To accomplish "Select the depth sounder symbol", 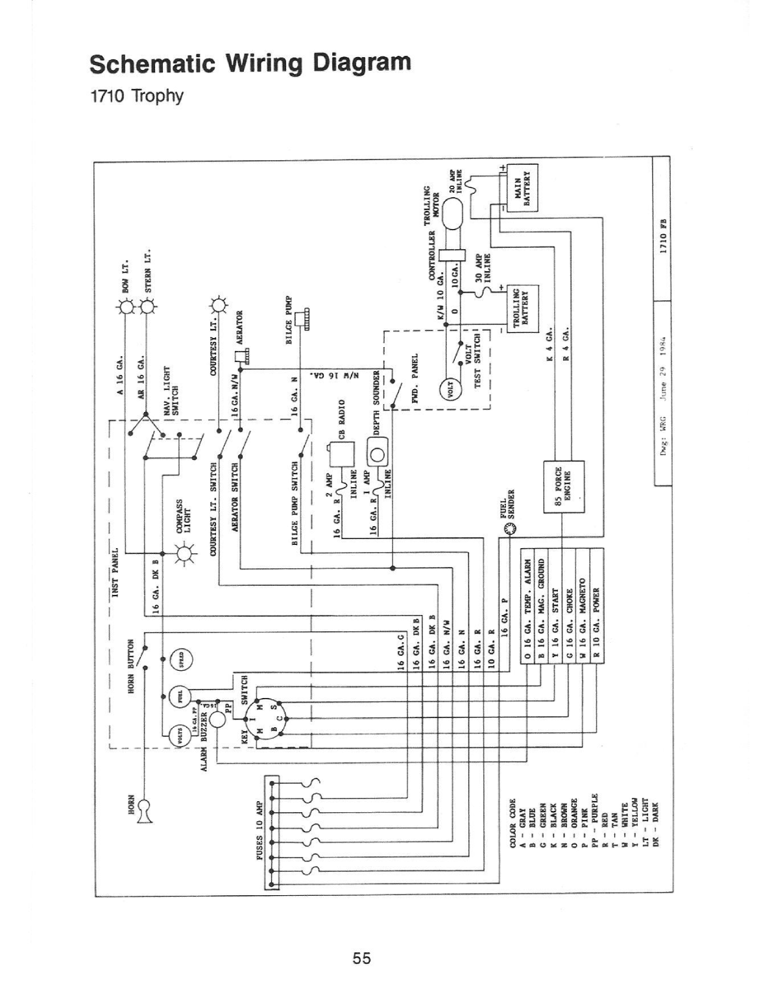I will point(377,451).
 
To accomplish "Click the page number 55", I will point(361,957).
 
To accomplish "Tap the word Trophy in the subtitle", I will point(158,96).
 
